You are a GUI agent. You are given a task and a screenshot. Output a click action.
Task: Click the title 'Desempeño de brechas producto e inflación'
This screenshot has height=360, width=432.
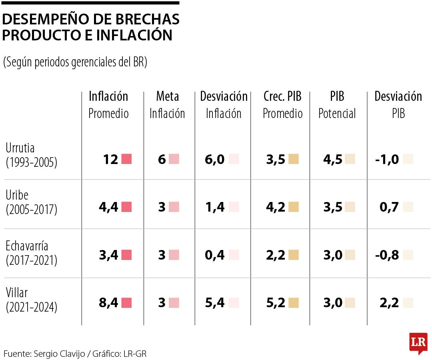(x=91, y=27)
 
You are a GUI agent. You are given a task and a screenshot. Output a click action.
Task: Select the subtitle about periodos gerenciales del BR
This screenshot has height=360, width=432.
(x=75, y=62)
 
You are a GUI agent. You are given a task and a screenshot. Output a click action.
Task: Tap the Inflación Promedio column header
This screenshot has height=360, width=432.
(x=108, y=105)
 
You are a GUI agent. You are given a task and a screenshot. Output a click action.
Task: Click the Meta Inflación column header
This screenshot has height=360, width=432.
(x=167, y=105)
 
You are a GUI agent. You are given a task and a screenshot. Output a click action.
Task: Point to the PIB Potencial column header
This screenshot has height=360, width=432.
(x=337, y=105)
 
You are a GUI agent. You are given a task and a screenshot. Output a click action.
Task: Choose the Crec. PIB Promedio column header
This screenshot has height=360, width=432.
(x=282, y=105)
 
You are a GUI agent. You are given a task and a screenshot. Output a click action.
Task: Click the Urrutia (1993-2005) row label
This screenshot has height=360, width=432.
(x=32, y=155)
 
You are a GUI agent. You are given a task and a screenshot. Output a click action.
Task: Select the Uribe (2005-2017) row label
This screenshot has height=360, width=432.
(x=32, y=202)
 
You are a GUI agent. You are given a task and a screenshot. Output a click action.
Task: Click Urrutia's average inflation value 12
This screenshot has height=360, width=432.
(x=110, y=160)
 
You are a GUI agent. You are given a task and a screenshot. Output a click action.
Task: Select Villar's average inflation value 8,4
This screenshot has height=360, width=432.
(x=108, y=303)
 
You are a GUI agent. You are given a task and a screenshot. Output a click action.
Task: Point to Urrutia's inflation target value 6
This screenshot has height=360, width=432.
(x=162, y=160)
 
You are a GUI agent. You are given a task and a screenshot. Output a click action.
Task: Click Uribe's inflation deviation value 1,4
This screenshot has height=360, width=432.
(x=214, y=207)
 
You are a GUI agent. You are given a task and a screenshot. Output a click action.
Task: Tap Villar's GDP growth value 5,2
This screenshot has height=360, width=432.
(x=276, y=303)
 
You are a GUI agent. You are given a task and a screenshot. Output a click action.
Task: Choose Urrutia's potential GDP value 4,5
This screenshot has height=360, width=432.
(x=333, y=160)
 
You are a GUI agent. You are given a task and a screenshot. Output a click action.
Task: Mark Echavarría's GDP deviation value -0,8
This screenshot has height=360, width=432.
(x=387, y=255)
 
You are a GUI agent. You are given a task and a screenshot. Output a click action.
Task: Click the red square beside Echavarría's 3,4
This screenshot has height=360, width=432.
(x=126, y=255)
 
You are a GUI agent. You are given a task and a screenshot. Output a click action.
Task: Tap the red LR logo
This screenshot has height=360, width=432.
(x=418, y=343)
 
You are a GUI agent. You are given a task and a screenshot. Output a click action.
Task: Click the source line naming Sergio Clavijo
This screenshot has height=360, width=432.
(x=78, y=354)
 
